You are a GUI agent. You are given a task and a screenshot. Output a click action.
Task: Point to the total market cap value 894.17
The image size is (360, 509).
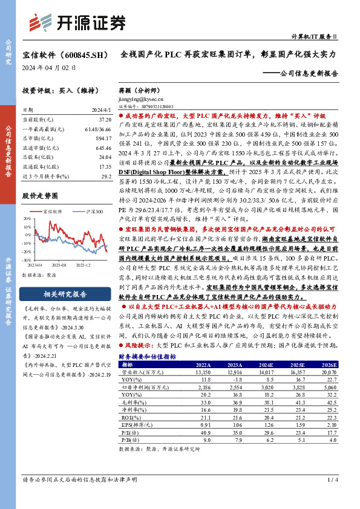tap(104, 138)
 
